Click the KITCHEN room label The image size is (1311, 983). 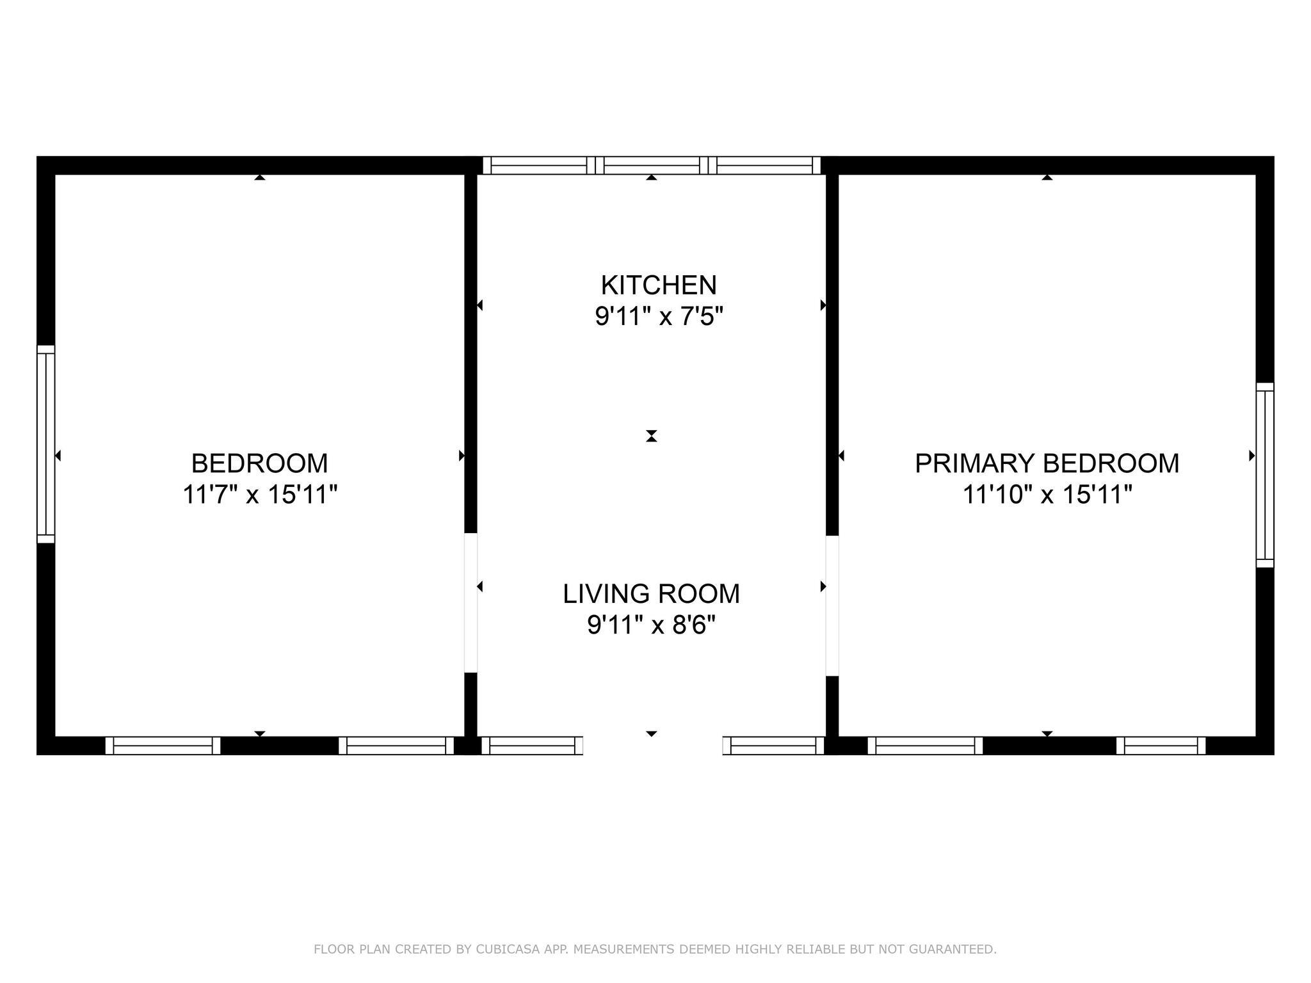[x=659, y=285]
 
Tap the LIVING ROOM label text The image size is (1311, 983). [x=651, y=594]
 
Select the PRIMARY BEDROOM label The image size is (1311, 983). [x=1047, y=463]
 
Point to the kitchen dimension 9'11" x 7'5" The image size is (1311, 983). [x=659, y=316]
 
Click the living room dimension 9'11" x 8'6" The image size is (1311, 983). [x=651, y=625]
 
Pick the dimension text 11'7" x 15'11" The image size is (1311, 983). [x=260, y=494]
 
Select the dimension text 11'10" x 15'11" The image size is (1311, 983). [x=1047, y=494]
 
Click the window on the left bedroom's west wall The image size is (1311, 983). [x=46, y=444]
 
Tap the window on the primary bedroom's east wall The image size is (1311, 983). [x=1265, y=475]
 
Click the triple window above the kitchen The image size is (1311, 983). [x=652, y=165]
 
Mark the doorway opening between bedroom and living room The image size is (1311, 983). [x=471, y=603]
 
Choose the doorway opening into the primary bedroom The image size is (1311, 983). [x=832, y=605]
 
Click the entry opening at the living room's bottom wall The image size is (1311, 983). [x=653, y=746]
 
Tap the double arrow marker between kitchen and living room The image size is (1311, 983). [x=652, y=436]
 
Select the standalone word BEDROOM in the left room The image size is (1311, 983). [x=260, y=463]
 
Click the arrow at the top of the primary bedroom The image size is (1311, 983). [x=1047, y=177]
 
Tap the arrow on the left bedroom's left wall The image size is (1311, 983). [x=58, y=456]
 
